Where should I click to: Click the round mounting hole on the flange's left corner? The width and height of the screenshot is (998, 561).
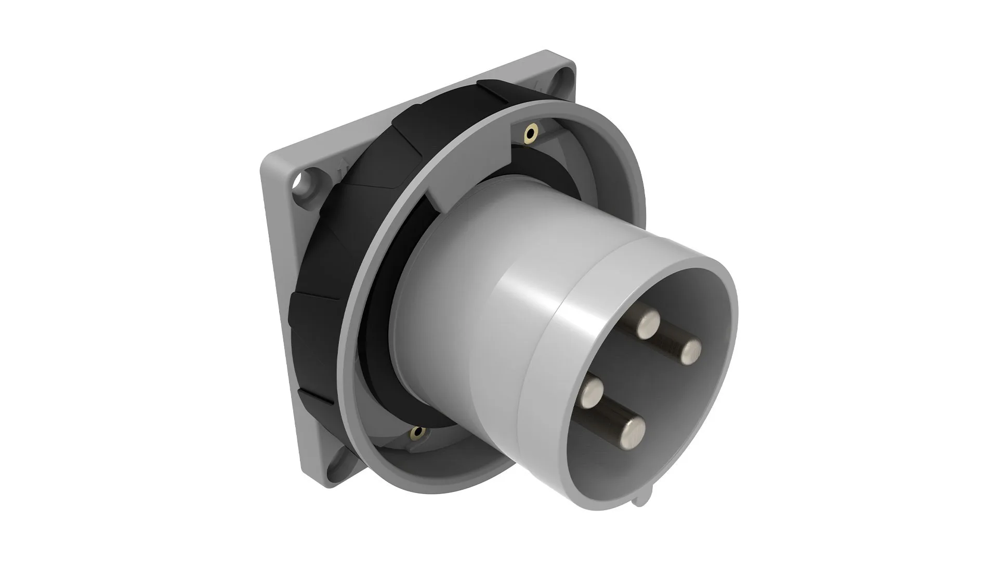tap(301, 183)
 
